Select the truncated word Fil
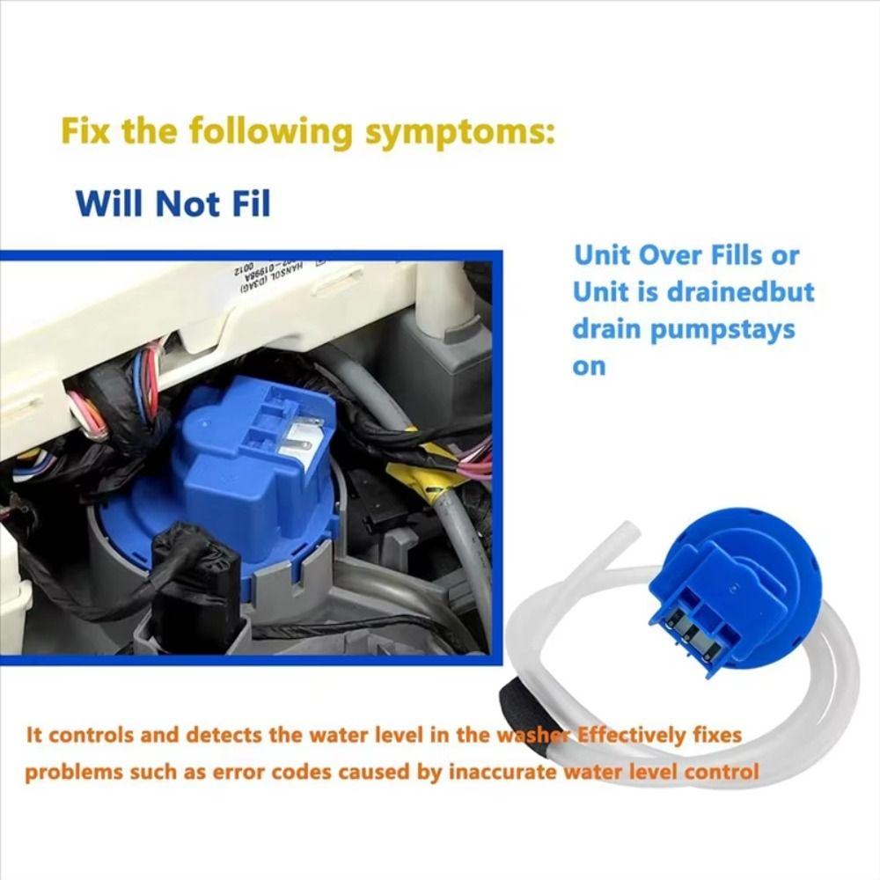click(246, 202)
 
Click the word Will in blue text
click(112, 202)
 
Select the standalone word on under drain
click(589, 366)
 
